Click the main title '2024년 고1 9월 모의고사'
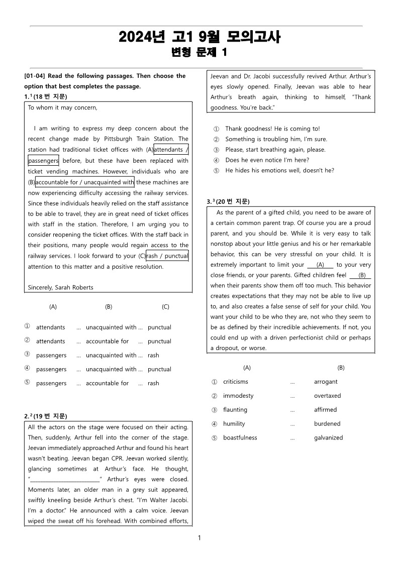199,37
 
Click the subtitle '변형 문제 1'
199,52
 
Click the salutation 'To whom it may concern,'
63,107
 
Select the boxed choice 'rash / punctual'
167,256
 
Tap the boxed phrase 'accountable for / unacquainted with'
85,182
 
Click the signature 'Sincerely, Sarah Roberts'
60,288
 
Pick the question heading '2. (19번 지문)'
46,416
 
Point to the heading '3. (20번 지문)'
228,202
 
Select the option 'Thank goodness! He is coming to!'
272,129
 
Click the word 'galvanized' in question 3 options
328,438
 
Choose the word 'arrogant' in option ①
326,382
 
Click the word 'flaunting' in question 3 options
235,410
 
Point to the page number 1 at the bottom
199,538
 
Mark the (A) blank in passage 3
320,265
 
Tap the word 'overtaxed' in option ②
327,396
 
